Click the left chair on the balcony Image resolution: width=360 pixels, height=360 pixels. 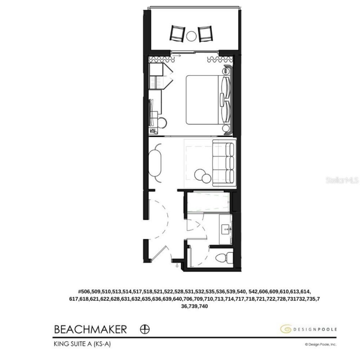177,33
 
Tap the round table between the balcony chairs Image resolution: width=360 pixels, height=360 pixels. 191,36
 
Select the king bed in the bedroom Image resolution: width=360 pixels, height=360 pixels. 204,99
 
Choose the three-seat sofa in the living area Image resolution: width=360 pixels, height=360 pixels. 224,162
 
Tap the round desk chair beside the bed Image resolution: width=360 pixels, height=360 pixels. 162,123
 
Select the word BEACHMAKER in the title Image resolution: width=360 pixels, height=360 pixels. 90,329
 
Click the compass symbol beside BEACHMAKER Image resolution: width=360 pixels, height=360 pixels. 145,329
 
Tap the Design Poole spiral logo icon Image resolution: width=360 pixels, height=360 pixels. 285,329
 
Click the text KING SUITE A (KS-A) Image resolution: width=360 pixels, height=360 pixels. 83,344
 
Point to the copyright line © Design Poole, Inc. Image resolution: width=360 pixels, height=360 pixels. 320,345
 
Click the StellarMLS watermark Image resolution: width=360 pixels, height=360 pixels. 342,180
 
